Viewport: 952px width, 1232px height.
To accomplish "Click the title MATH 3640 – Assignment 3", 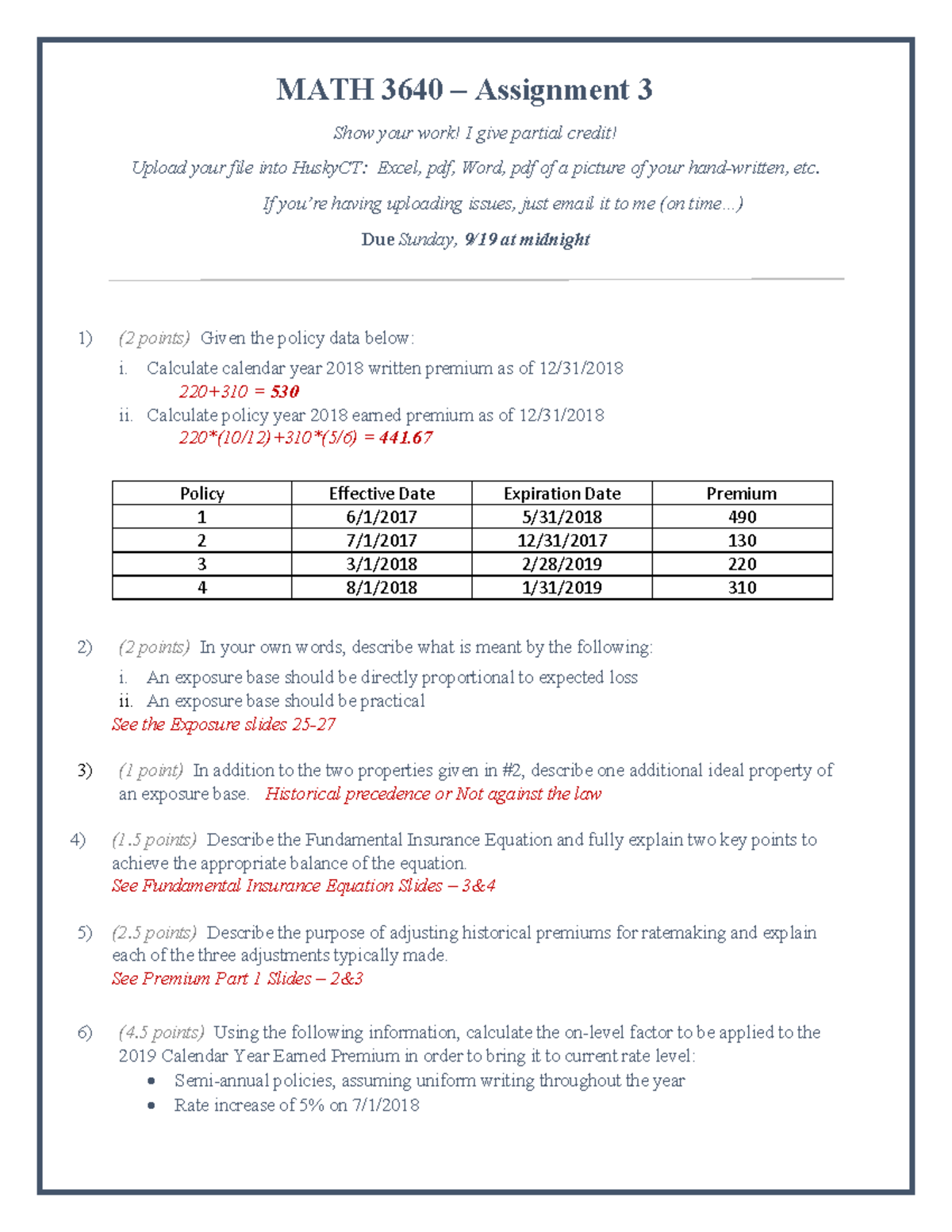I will coord(464,90).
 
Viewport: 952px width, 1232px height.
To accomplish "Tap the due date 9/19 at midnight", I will coord(527,240).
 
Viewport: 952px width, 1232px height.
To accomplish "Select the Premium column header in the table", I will coord(742,493).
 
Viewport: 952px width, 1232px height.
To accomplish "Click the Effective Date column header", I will coord(382,493).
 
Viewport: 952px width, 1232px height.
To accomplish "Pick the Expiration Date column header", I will coord(562,493).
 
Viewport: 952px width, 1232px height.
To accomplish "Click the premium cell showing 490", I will coord(742,517).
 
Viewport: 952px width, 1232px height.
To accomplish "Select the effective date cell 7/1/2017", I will coord(382,541).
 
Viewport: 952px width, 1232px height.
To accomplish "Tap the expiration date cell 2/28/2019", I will coord(562,564).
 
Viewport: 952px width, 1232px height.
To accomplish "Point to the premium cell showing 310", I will coord(742,588).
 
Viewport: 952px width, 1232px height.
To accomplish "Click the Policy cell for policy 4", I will coord(202,588).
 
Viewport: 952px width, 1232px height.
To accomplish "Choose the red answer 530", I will coord(284,392).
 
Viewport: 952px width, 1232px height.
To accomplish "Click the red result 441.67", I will coord(405,438).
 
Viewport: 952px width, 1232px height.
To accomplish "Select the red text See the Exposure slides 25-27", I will coord(224,724).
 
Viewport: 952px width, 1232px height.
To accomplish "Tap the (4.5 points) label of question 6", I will coord(161,1033).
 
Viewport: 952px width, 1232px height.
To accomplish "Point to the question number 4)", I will coord(78,840).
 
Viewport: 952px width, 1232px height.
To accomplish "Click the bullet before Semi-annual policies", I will coord(152,1081).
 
